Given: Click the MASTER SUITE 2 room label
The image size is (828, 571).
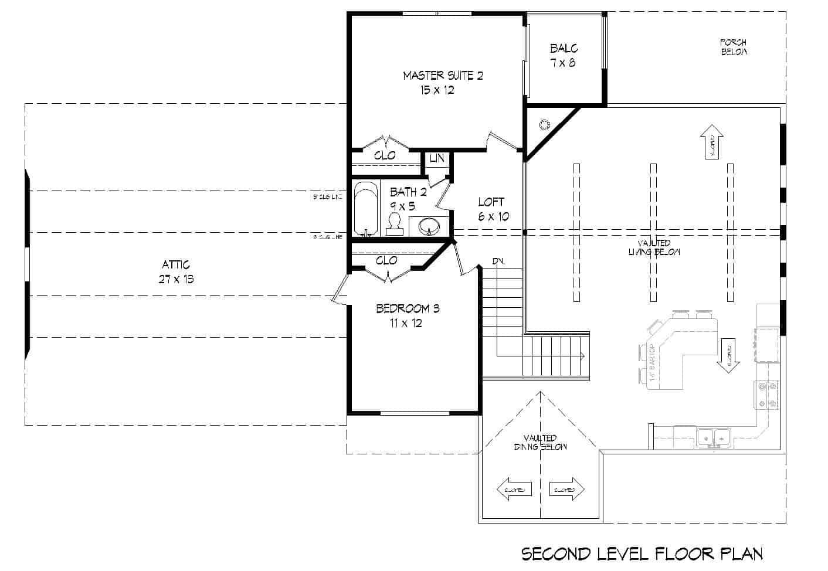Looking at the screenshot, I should coord(443,82).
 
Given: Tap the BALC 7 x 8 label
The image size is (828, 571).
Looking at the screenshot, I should coord(563,55).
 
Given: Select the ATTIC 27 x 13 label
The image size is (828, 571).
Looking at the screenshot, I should coord(176,272).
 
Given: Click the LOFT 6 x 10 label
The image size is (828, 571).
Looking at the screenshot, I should coord(492,209).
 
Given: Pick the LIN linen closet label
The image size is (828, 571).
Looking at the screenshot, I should coord(437,159).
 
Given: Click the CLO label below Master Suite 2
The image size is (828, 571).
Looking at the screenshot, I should coord(385,155).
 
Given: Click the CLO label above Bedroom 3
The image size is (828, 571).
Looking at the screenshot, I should coord(386,260).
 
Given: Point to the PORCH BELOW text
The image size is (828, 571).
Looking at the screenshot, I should coord(733,47).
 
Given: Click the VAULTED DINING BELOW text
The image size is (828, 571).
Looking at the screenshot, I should coord(540,443).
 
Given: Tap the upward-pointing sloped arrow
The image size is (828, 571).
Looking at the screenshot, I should coord(712,141).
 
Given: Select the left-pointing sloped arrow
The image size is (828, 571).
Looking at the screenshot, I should coord(514,489).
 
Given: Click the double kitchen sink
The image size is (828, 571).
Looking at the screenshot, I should coord(714,437).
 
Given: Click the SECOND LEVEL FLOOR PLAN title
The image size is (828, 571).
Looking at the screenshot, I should coord(642,553).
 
